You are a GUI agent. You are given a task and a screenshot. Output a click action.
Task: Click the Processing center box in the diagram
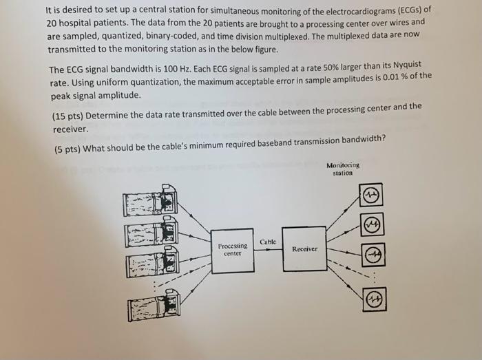(x=233, y=249)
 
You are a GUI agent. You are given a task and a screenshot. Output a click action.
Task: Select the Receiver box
(x=304, y=248)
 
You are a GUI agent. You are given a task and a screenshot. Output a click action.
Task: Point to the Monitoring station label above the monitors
(x=343, y=169)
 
